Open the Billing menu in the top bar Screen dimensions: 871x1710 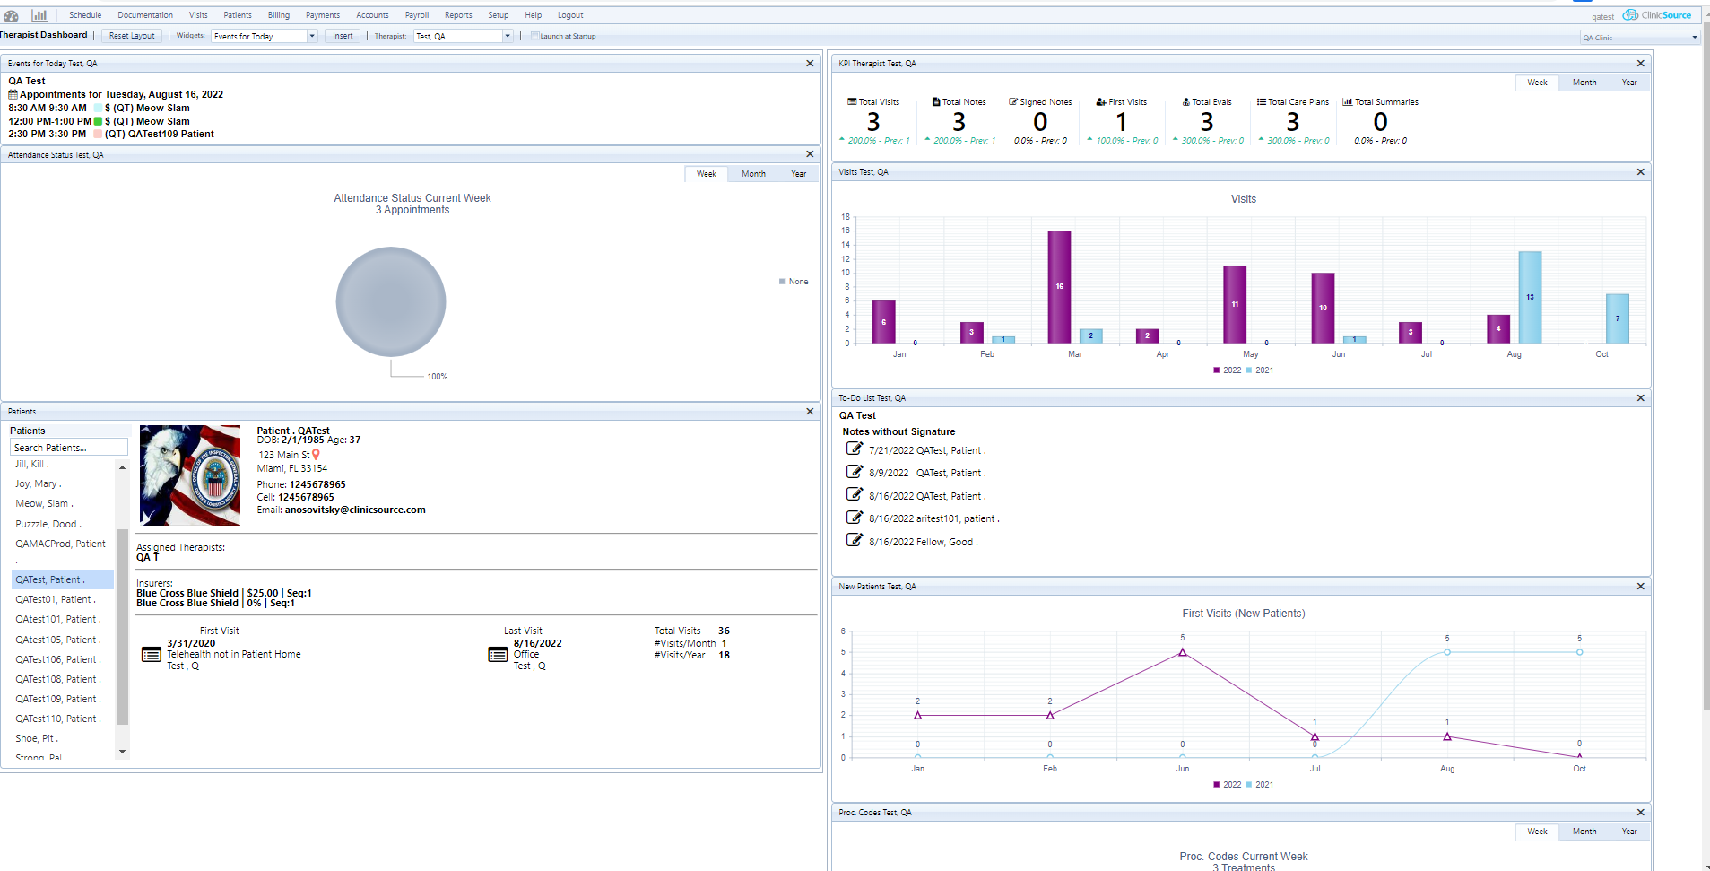(x=278, y=15)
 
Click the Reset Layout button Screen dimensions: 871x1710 (x=132, y=36)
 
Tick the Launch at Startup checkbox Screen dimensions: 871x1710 (x=535, y=36)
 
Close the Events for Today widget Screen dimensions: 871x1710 (x=810, y=64)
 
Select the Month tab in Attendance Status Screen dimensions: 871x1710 (x=753, y=174)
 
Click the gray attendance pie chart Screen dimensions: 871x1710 (x=391, y=301)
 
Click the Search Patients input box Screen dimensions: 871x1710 (x=68, y=448)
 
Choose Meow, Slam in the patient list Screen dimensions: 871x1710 (x=44, y=504)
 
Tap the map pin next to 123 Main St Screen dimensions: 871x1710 (x=316, y=455)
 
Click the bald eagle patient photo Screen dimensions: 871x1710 (x=190, y=475)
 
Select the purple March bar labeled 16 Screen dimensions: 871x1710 (x=1059, y=287)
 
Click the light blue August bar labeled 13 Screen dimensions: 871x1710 (x=1530, y=297)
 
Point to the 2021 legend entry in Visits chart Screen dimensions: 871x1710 (x=1259, y=370)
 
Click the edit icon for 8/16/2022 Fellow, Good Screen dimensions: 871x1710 (x=855, y=540)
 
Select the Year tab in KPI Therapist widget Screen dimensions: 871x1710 (x=1628, y=83)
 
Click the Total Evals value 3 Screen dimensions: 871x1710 (x=1207, y=122)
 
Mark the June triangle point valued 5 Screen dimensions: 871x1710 (x=1182, y=652)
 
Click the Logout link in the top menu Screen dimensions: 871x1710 (x=570, y=15)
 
